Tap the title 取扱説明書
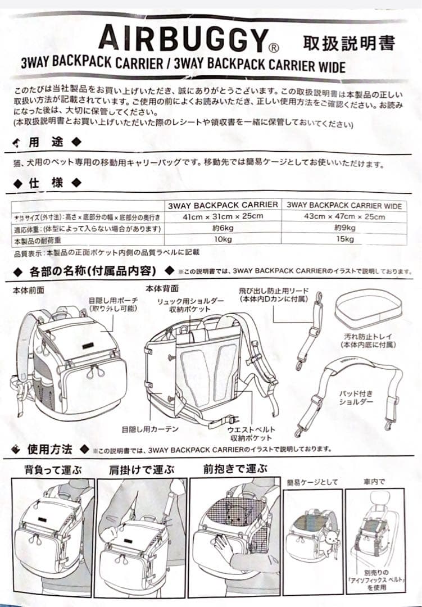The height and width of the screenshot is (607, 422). [348, 42]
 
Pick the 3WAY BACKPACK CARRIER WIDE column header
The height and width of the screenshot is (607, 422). [344, 206]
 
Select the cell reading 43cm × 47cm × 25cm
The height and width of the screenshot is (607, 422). [344, 217]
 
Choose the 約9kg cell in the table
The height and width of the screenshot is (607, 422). [344, 228]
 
